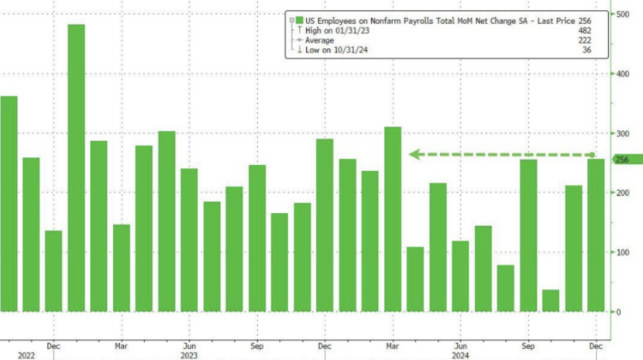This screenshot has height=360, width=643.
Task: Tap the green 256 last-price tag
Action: pos(621,159)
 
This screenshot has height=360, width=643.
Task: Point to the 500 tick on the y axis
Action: pos(620,14)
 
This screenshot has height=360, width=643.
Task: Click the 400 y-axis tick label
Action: pos(620,74)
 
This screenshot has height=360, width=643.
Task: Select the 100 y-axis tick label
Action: pos(620,252)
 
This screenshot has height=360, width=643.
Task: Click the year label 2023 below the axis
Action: pos(189,355)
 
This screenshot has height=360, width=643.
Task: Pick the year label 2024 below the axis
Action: pos(460,355)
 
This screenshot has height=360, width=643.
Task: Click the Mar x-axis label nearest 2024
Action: pos(393,345)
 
